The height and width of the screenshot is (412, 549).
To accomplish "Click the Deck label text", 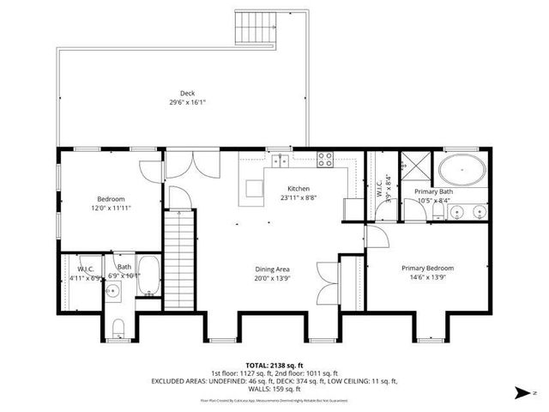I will (x=187, y=93).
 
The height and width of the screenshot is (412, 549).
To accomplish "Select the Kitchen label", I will (x=299, y=189).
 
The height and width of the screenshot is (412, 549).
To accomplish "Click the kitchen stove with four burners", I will (x=326, y=159).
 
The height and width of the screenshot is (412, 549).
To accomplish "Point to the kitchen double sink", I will (x=279, y=160).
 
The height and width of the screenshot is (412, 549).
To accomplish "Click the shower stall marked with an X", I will (x=416, y=163).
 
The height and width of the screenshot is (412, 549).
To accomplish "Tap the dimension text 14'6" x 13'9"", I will (x=428, y=277).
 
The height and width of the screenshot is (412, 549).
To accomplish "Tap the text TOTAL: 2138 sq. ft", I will (x=274, y=366).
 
